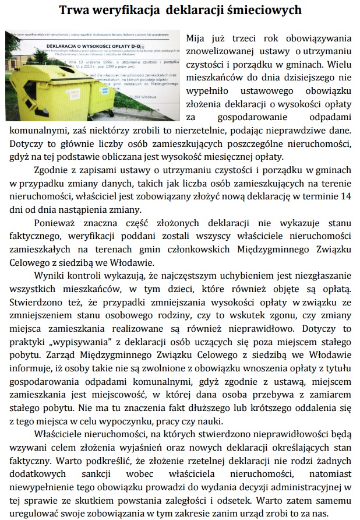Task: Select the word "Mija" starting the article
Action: pyautogui.click(x=196, y=38)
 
